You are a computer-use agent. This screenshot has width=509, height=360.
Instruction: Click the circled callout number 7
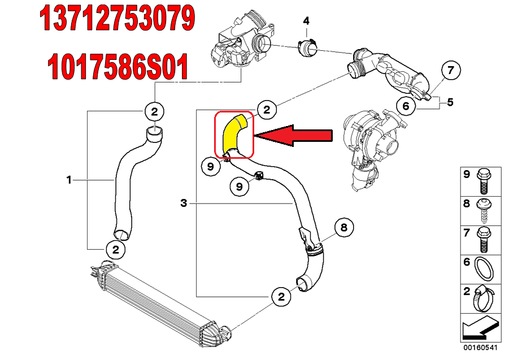450,71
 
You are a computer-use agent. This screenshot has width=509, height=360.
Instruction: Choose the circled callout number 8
343,227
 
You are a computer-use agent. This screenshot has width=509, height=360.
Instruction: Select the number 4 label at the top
306,21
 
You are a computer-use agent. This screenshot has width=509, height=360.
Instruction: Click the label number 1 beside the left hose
69,180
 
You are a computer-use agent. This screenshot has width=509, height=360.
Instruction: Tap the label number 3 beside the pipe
183,203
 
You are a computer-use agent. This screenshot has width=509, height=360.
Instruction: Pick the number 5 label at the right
450,102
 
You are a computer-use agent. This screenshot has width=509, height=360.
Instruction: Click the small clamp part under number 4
306,47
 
